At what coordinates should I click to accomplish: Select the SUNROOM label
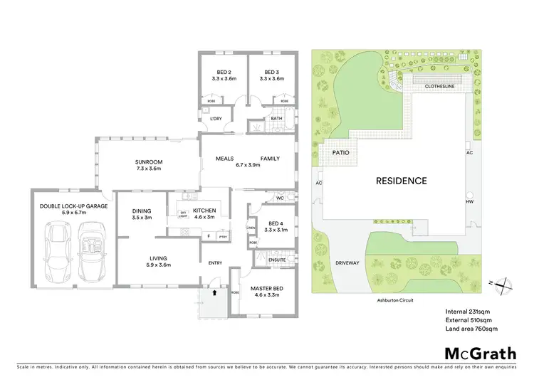150,161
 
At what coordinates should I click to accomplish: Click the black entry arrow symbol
212,290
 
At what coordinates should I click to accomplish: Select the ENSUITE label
278,260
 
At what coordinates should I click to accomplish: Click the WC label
281,198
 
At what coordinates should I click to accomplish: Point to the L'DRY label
216,119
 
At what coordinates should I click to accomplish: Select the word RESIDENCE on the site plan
401,181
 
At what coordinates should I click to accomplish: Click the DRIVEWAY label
348,262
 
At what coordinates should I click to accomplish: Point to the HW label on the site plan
469,202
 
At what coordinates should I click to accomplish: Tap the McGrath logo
476,354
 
